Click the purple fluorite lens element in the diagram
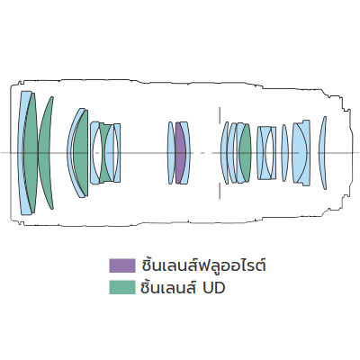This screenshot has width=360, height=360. (180, 153)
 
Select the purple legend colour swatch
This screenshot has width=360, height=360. (122, 265)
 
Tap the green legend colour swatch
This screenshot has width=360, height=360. (122, 287)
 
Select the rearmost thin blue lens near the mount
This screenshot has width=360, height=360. (322, 153)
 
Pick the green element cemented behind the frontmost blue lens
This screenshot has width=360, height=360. (31, 153)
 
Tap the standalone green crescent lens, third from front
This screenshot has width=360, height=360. (45, 153)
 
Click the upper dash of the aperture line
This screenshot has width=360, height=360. (220, 114)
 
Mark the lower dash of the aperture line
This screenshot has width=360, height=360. (220, 191)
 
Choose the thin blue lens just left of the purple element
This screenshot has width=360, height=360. (170, 153)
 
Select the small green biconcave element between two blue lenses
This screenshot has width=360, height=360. (105, 153)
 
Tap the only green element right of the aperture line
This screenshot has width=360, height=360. (246, 153)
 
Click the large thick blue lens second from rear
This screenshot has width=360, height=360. (301, 153)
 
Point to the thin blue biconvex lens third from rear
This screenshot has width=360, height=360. (284, 153)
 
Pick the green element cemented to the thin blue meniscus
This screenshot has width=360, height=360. (81, 153)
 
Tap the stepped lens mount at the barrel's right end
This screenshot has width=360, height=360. (345, 153)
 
